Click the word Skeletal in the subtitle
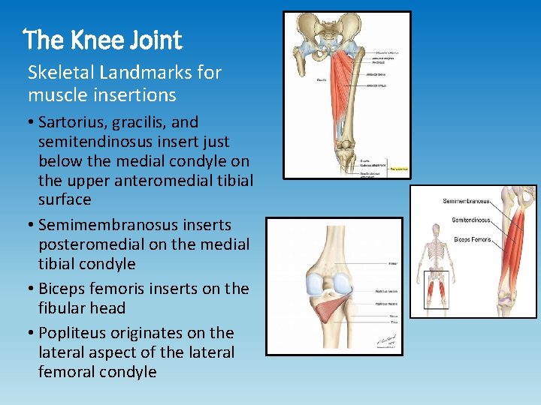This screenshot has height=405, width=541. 56,73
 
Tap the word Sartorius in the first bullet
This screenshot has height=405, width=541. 72,121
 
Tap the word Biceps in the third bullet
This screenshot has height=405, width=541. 62,288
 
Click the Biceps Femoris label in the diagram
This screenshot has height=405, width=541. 472,239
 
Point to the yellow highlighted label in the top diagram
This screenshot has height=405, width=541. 398,170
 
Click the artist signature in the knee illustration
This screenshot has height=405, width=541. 387,338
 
